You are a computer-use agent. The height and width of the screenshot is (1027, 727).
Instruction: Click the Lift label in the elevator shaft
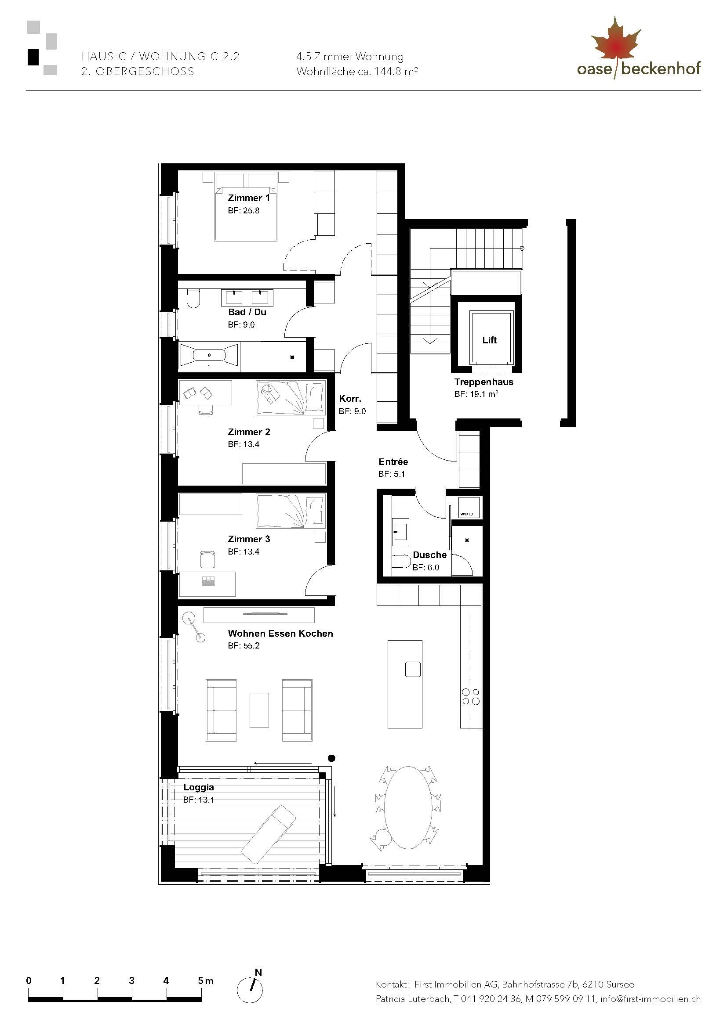pyautogui.click(x=489, y=340)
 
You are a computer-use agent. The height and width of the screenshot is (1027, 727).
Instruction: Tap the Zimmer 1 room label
pyautogui.click(x=248, y=198)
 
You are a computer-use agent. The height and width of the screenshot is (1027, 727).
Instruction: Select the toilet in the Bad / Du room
pyautogui.click(x=193, y=298)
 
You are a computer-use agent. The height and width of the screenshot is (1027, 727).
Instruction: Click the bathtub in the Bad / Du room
pyautogui.click(x=209, y=355)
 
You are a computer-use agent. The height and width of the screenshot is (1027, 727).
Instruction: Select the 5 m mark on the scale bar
pyautogui.click(x=202, y=980)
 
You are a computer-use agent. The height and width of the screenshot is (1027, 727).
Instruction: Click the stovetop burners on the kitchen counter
pyautogui.click(x=470, y=696)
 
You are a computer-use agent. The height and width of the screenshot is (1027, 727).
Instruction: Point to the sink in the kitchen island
pyautogui.click(x=412, y=669)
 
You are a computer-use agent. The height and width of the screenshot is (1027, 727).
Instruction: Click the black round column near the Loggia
pyautogui.click(x=332, y=758)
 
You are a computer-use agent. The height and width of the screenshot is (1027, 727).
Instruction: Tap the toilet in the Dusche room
pyautogui.click(x=401, y=563)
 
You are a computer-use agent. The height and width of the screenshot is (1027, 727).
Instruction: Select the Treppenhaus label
pyautogui.click(x=483, y=382)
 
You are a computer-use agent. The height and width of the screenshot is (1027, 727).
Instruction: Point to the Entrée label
pyautogui.click(x=393, y=461)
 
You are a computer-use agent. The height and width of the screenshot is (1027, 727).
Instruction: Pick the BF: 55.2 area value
pyautogui.click(x=244, y=645)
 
